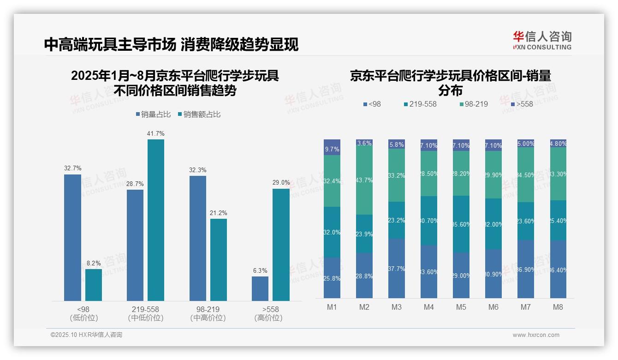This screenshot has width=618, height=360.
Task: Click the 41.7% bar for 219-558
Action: pyautogui.click(x=156, y=220)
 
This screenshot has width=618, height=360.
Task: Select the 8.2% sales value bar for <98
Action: pyautogui.click(x=94, y=285)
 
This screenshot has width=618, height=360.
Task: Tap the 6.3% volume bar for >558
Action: pyautogui.click(x=260, y=288)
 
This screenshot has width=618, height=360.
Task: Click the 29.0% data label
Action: pyautogui.click(x=281, y=183)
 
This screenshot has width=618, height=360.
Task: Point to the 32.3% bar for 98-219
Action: pyautogui.click(x=197, y=238)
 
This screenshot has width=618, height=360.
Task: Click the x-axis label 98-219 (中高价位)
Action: pyautogui.click(x=208, y=313)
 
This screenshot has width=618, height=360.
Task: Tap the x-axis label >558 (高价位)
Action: pyautogui.click(x=268, y=313)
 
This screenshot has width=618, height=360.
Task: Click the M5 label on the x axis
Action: pyautogui.click(x=461, y=307)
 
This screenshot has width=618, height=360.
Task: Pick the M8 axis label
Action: pyautogui.click(x=558, y=307)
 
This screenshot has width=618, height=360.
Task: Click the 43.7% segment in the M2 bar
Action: pyautogui.click(x=364, y=180)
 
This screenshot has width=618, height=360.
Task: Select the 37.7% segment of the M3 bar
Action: pyautogui.click(x=397, y=268)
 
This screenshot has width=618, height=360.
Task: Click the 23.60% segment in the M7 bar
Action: pyautogui.click(x=525, y=221)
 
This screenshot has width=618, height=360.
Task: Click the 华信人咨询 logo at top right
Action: pyautogui.click(x=542, y=40)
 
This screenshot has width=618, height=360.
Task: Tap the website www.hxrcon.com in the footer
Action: pyautogui.click(x=535, y=335)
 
